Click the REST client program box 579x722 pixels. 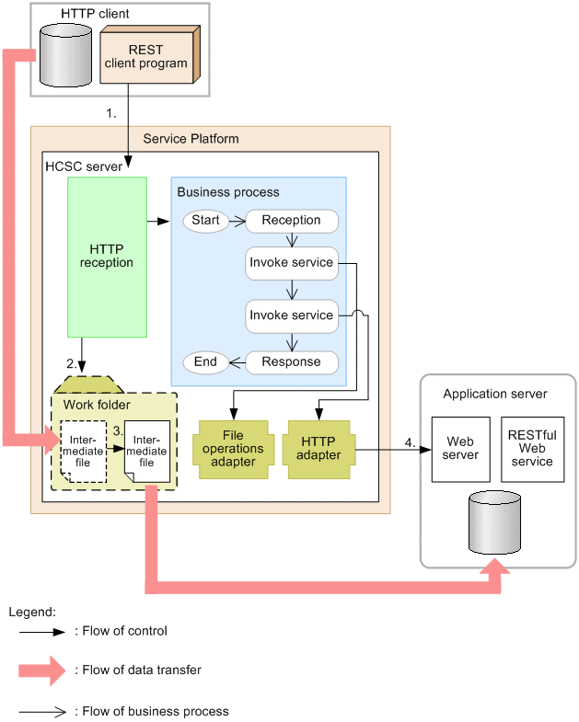tap(145, 56)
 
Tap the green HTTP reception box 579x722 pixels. tap(107, 256)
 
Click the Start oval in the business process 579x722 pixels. tap(204, 221)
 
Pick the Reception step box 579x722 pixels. tap(291, 221)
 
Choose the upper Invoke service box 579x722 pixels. tap(291, 263)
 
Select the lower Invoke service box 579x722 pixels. tap(291, 315)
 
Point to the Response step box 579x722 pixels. tap(291, 362)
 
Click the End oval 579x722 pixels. tap(205, 362)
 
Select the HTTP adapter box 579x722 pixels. tap(319, 448)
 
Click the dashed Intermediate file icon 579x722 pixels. tap(82, 452)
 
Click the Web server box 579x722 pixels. tap(459, 448)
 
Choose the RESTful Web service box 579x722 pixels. tap(532, 448)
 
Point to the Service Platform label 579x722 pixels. tap(191, 139)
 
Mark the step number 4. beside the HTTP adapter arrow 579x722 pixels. tap(410, 443)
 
